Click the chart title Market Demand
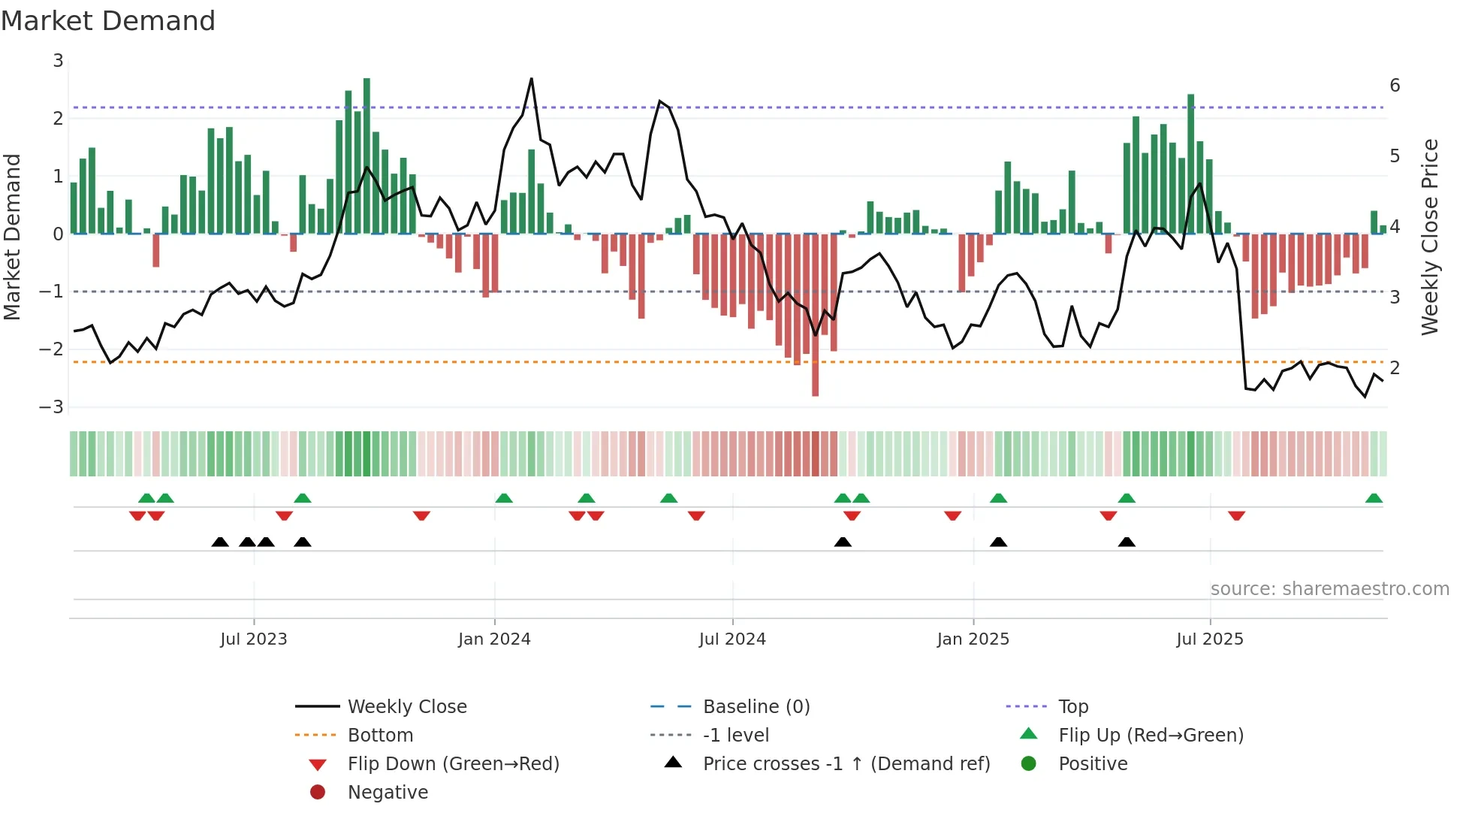tap(108, 21)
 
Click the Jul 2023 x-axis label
tap(254, 639)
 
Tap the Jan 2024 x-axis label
tap(494, 639)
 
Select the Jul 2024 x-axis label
tap(732, 639)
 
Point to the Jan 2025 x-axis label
tap(973, 639)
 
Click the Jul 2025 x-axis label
tap(1210, 639)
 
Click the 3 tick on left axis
tap(58, 61)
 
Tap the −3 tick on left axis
tap(52, 407)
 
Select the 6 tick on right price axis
tap(1395, 86)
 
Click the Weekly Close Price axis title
tap(1430, 237)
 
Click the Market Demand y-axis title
tap(13, 237)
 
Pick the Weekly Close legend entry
tap(407, 707)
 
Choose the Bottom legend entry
tap(380, 736)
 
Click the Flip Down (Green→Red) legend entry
tap(453, 764)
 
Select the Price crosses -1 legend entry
tap(846, 764)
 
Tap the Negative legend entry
tap(388, 793)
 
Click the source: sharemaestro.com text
tap(1329, 589)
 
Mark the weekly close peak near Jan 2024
tap(532, 79)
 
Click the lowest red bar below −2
tap(816, 391)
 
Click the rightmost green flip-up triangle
tap(1374, 499)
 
